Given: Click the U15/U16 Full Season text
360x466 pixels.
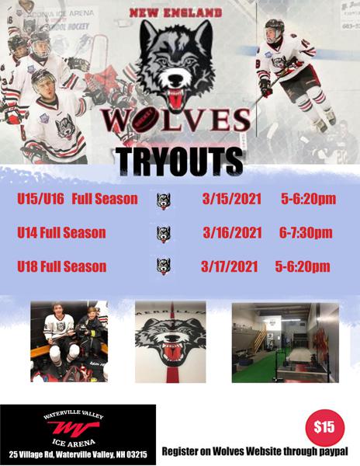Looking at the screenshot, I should click(x=77, y=200).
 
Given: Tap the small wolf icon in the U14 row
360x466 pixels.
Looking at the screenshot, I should click(x=163, y=234).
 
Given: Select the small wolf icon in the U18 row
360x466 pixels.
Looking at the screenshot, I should click(x=163, y=266).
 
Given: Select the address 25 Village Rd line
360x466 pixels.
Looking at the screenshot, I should click(x=78, y=453).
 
